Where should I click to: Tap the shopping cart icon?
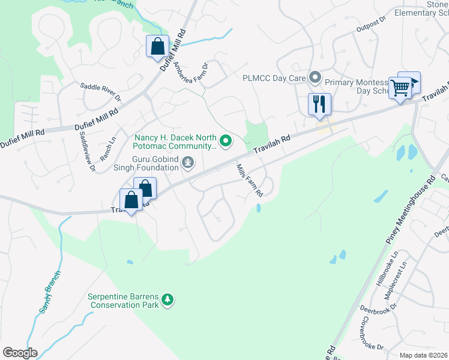pyautogui.click(x=400, y=88)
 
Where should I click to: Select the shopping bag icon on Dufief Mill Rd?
pyautogui.click(x=157, y=46)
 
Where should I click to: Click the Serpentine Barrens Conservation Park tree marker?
pyautogui.click(x=169, y=299)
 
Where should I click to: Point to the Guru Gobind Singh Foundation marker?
pyautogui.click(x=188, y=161)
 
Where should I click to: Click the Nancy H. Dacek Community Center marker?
pyautogui.click(x=226, y=142)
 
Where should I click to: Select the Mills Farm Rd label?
pyautogui.click(x=250, y=181)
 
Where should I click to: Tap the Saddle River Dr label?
pyautogui.click(x=101, y=92)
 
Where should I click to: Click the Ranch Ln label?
pyautogui.click(x=108, y=147)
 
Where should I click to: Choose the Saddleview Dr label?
pyautogui.click(x=83, y=151)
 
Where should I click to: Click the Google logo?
pyautogui.click(x=20, y=353)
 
